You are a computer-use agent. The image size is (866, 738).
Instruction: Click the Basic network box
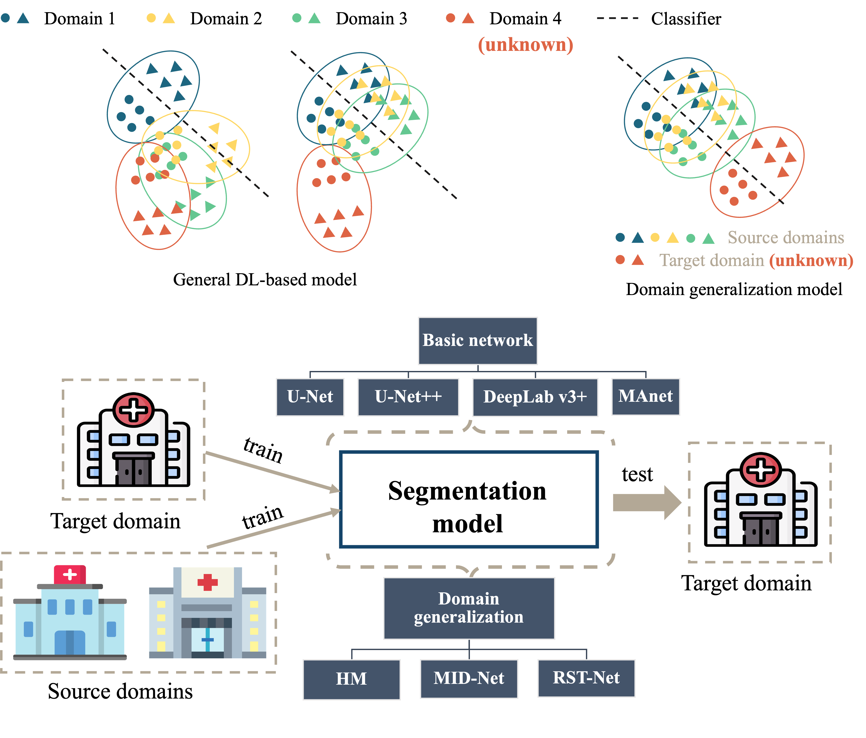[x=478, y=341]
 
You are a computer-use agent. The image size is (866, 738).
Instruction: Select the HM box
[x=351, y=679]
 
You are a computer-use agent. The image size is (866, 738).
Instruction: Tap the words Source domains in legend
[x=786, y=237]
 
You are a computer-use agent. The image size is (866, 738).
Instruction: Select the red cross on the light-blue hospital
[x=70, y=574]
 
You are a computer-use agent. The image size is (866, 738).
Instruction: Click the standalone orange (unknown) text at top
[x=525, y=45]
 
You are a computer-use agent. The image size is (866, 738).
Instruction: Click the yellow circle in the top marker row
[x=151, y=18]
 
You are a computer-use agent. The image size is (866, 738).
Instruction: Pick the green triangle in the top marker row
[x=314, y=18]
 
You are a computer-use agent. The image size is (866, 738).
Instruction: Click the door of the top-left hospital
[x=133, y=471]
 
